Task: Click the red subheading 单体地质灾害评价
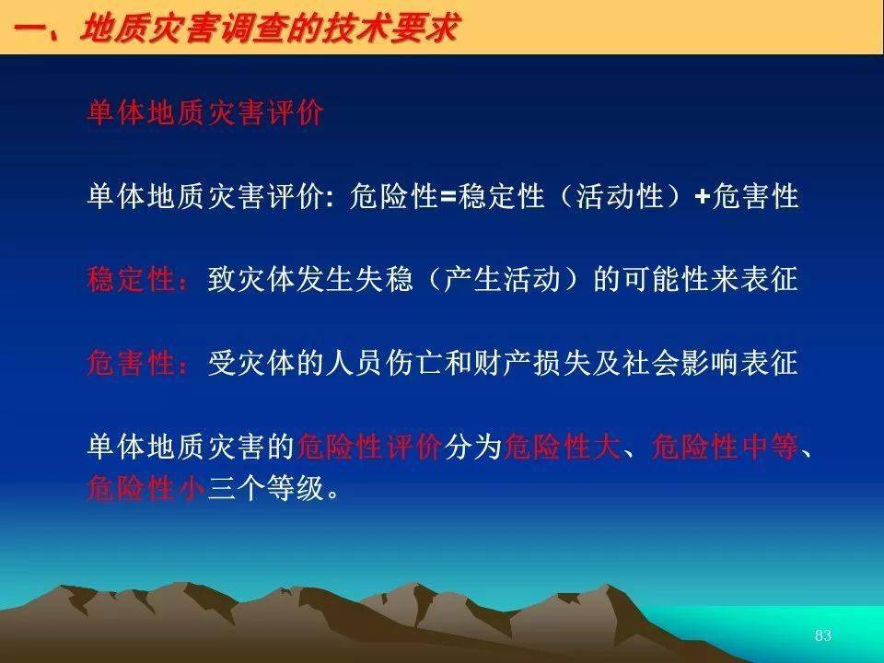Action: click(x=205, y=112)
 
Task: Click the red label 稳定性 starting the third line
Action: click(x=132, y=280)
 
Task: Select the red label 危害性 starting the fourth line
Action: click(x=132, y=363)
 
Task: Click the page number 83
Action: click(x=823, y=635)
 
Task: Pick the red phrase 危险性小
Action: click(x=146, y=488)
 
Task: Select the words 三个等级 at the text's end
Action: click(x=266, y=488)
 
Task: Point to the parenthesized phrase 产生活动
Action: click(x=503, y=280)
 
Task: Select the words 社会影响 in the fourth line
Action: click(x=680, y=363)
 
